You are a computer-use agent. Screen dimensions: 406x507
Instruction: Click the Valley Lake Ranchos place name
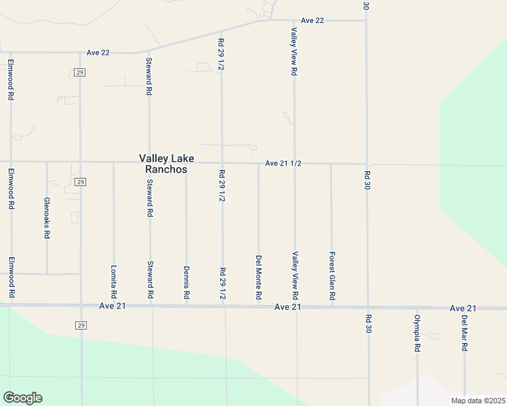coord(167,164)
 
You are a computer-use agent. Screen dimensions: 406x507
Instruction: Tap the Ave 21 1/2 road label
coord(283,164)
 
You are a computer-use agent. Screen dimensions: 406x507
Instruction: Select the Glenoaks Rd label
coord(47,219)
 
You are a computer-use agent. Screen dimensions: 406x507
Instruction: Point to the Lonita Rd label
coord(113,281)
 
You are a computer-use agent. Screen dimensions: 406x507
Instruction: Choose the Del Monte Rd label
coord(258,277)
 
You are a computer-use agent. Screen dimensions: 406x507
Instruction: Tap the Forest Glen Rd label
coord(331,276)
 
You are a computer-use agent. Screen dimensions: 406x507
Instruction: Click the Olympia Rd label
coord(418,333)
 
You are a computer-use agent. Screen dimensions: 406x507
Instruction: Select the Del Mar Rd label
coord(465,334)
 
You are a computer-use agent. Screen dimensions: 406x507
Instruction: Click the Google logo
coord(22,398)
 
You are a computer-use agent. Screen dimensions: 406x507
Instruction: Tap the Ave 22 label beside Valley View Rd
coord(312,20)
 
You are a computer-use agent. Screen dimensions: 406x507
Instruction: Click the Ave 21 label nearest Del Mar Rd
coord(463,309)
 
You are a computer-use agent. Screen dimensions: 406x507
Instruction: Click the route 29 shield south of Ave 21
coord(81,326)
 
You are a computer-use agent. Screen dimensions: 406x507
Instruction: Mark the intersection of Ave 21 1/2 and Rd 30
coord(367,164)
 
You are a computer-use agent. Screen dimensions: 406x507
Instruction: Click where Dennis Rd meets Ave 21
coord(186,305)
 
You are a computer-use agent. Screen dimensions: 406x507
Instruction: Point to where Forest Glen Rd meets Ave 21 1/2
coord(331,164)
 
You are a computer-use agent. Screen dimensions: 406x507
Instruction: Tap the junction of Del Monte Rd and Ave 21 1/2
coord(258,163)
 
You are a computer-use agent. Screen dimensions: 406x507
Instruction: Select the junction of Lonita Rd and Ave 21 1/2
coord(113,162)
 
